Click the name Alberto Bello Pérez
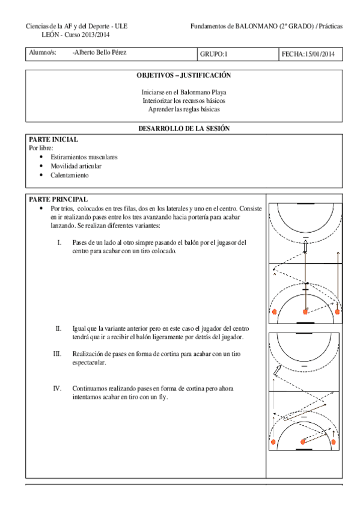coord(99,53)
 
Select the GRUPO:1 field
coord(214,55)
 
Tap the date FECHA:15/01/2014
coord(308,55)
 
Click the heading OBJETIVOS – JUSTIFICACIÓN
coord(184,76)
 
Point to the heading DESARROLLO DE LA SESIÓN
coord(184,128)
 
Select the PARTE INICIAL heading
coord(53,139)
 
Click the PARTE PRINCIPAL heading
coord(58,199)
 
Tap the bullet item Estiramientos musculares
coord(84,156)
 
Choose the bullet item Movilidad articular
coord(76,165)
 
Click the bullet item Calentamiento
coord(70,175)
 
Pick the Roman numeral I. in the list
coord(59,242)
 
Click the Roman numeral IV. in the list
coord(57,389)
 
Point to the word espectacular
coord(89,363)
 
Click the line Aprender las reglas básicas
coord(184,109)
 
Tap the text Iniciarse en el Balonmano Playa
coord(184,93)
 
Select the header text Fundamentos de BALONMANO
coord(234,26)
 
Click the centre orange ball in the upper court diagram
coord(306,312)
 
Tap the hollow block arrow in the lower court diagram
coord(276,371)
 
